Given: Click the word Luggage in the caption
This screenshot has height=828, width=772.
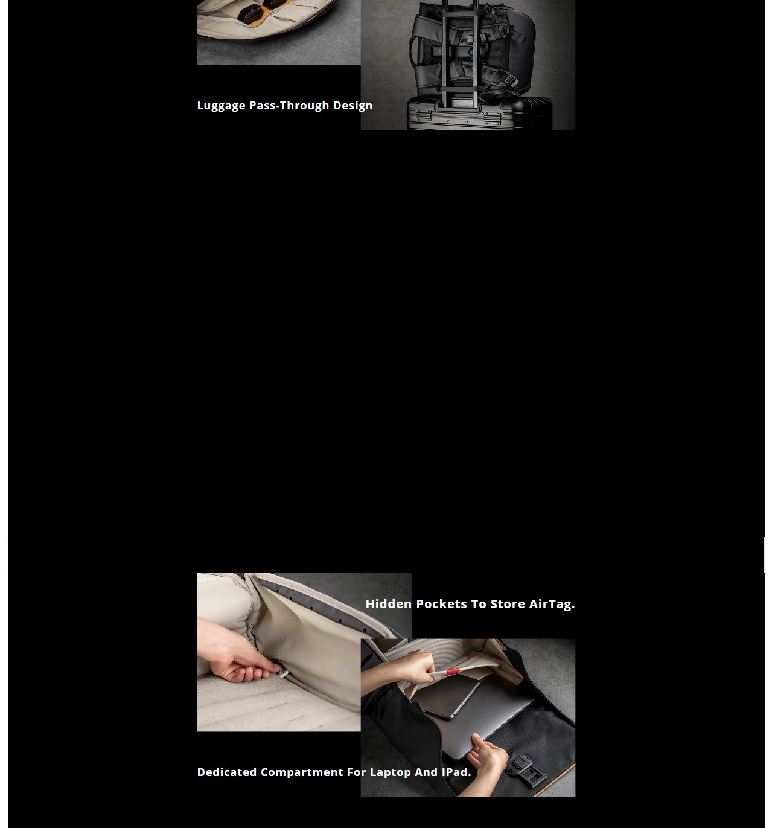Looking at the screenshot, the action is [x=221, y=106].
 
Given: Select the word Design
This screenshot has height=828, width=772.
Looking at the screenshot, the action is [x=353, y=106].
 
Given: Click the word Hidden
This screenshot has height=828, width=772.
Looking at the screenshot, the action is [x=389, y=604].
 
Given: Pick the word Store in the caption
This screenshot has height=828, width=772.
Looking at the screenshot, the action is [x=507, y=604].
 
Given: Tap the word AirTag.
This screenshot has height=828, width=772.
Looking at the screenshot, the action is [x=552, y=604].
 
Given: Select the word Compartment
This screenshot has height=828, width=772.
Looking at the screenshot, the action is [x=302, y=772].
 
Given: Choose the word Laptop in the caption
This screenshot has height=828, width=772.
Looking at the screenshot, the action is [x=391, y=772].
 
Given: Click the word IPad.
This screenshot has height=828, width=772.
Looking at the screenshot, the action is [x=456, y=772].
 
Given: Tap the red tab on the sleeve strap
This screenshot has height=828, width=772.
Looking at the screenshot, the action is [x=453, y=672].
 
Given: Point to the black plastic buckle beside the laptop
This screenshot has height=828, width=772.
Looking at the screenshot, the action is [x=526, y=768].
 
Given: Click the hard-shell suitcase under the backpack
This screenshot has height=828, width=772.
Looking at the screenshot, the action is [x=479, y=114].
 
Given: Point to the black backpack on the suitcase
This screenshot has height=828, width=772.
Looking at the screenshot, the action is [x=471, y=50].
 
